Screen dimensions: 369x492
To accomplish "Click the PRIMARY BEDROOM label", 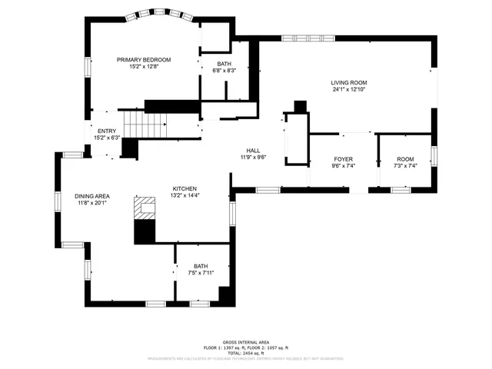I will (144, 59).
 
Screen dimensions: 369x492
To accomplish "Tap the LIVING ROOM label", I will (349, 82).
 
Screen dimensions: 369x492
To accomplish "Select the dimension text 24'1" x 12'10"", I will (349, 89).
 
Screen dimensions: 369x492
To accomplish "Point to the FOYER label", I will (342, 158).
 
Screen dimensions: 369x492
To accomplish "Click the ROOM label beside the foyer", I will (405, 158).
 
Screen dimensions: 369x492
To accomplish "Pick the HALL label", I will (252, 151).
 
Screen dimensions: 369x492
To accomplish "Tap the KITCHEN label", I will (184, 188).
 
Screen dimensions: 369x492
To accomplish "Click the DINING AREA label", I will (92, 196).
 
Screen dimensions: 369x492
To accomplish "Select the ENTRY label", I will (106, 131).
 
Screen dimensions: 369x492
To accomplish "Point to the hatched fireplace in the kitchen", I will (145, 208).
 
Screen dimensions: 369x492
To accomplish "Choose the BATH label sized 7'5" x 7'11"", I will (201, 266).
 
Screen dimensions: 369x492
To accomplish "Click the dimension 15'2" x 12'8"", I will (144, 66).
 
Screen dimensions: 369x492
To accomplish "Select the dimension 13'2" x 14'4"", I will (184, 195).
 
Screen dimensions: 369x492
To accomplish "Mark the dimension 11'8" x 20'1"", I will (92, 203).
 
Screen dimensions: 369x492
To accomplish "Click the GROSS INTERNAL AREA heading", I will (245, 342).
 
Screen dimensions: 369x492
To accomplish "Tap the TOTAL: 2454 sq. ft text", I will (245, 351).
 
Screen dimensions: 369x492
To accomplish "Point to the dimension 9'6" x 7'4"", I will (342, 165).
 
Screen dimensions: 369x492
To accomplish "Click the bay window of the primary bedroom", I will (144, 15).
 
